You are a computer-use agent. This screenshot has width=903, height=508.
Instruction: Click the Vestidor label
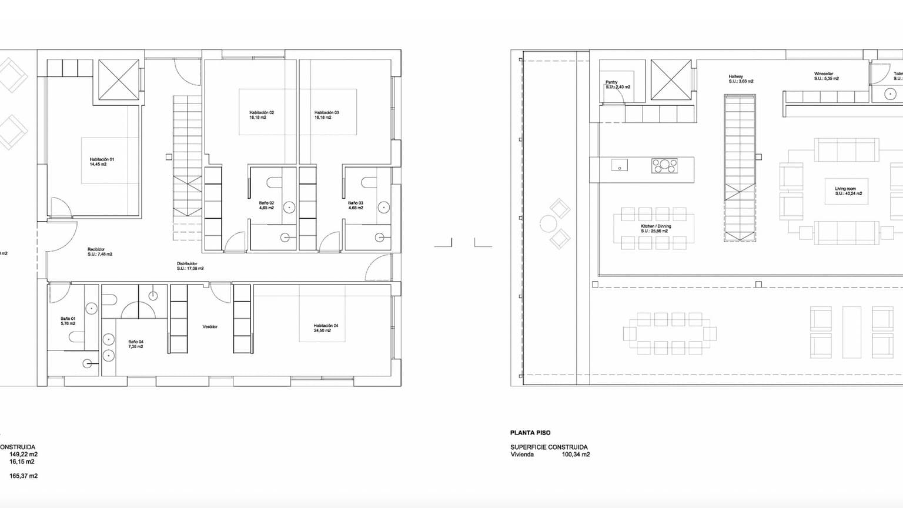click(x=210, y=326)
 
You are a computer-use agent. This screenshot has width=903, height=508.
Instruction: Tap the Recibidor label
click(x=96, y=249)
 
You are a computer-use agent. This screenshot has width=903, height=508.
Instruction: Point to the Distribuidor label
click(x=187, y=263)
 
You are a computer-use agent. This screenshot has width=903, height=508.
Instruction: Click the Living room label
click(x=845, y=189)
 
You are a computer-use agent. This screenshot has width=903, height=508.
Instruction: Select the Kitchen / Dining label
click(x=655, y=226)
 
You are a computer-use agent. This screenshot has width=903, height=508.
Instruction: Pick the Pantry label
click(x=611, y=82)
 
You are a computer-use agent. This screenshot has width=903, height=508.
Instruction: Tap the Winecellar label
click(x=823, y=74)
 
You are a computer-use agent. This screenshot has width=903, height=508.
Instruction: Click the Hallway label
click(x=736, y=76)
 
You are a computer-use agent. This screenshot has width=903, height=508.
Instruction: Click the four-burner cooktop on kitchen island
click(x=664, y=165)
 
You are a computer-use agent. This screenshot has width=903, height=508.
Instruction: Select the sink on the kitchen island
click(x=619, y=166)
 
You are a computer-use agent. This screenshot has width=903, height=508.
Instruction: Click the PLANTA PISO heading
click(x=530, y=433)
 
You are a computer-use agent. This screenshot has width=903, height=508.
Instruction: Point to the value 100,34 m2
click(x=576, y=454)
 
